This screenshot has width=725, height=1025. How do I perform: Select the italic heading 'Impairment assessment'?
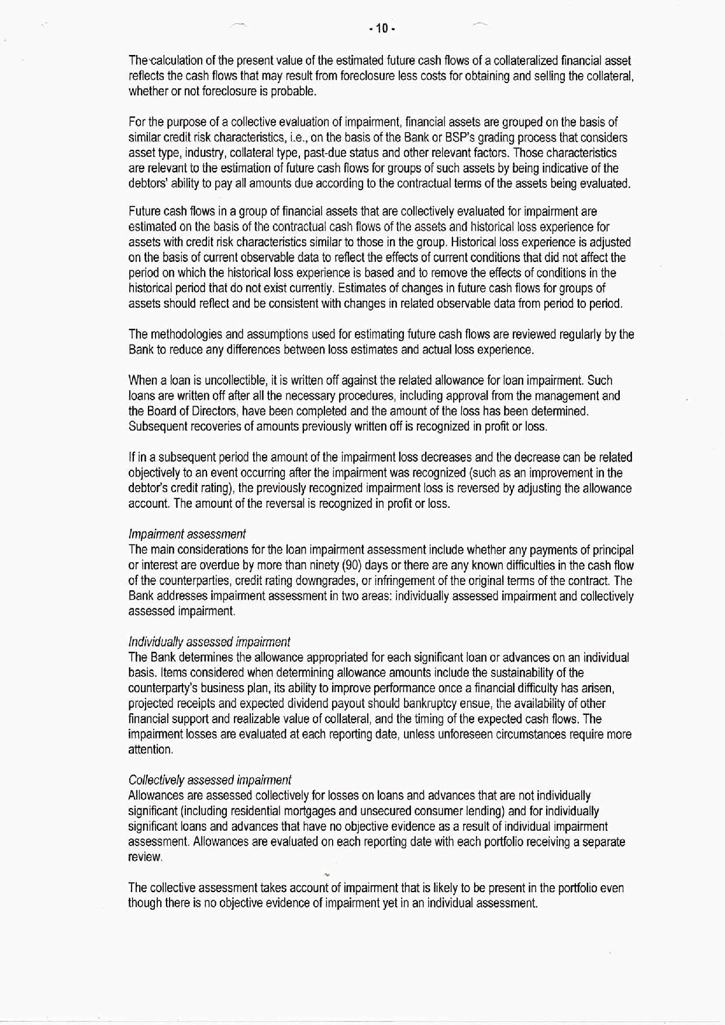click(x=187, y=534)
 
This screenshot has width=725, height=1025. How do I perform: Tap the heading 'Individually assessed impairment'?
click(x=209, y=642)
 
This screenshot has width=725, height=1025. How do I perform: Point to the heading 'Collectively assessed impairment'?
click(x=209, y=780)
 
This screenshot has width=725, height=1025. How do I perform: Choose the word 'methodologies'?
click(x=187, y=335)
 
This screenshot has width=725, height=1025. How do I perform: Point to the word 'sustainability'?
click(x=512, y=673)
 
